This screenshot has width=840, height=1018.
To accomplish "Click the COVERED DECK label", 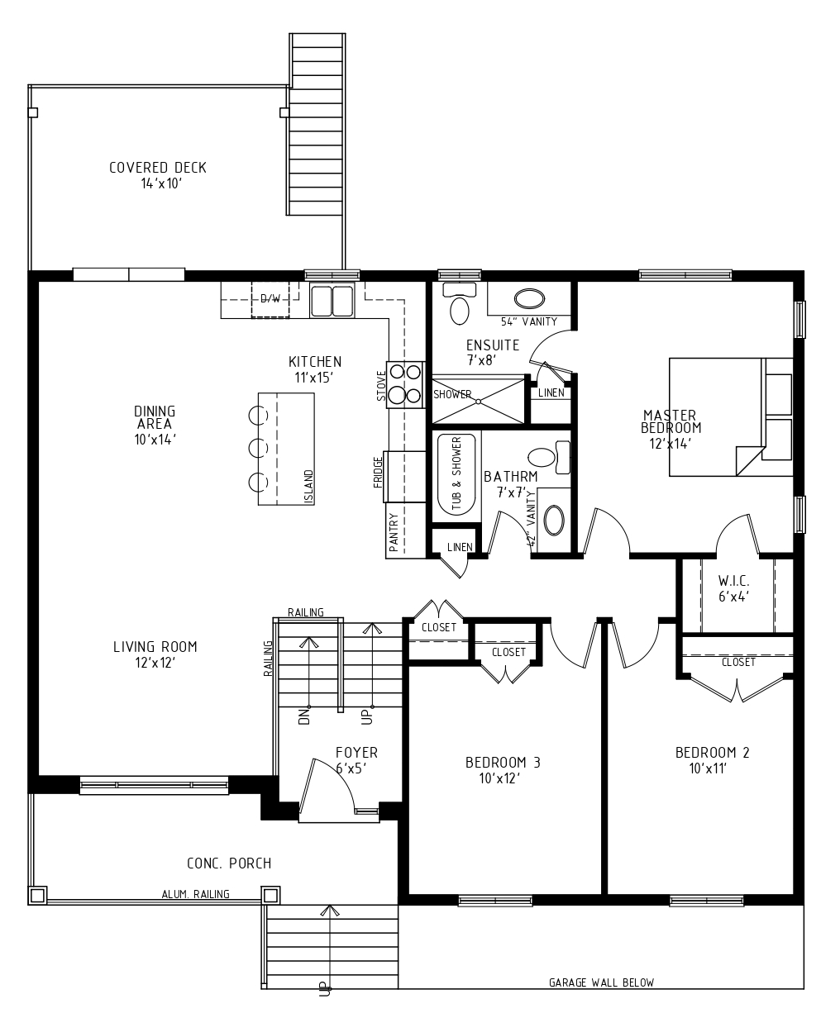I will click(158, 168).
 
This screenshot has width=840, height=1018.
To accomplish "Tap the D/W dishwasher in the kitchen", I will click(270, 299).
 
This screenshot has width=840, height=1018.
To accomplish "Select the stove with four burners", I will click(405, 384).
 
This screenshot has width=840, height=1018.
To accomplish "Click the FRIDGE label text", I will click(379, 472).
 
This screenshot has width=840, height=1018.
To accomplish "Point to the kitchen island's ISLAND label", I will click(308, 487).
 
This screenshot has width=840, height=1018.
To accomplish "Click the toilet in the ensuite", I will click(459, 303).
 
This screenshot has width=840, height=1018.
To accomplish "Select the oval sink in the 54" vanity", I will click(529, 299).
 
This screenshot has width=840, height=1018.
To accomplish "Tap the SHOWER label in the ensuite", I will click(452, 395).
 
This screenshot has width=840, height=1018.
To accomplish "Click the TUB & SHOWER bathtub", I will click(456, 473).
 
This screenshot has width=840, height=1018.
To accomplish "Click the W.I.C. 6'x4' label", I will click(733, 588).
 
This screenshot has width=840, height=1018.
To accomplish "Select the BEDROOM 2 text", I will click(712, 753).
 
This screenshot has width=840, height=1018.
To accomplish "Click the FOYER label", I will click(356, 753).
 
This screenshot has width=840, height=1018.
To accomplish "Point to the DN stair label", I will click(303, 716).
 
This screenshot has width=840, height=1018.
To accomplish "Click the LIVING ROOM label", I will click(155, 647).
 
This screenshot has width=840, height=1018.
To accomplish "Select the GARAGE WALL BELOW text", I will click(601, 982).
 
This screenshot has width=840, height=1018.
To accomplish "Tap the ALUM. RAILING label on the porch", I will click(196, 894).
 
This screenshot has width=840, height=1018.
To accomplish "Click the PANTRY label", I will click(394, 533).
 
